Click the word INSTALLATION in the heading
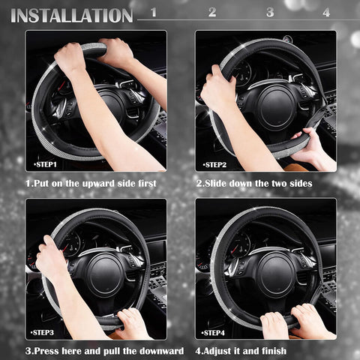[x=72, y=15]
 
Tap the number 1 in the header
[x=154, y=12]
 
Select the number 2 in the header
[x=212, y=12]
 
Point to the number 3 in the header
[x=270, y=12]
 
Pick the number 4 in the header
[x=326, y=12]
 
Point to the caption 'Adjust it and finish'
[x=251, y=350]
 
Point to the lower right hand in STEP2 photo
[x=309, y=146]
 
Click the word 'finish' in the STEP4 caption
[x=290, y=350]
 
